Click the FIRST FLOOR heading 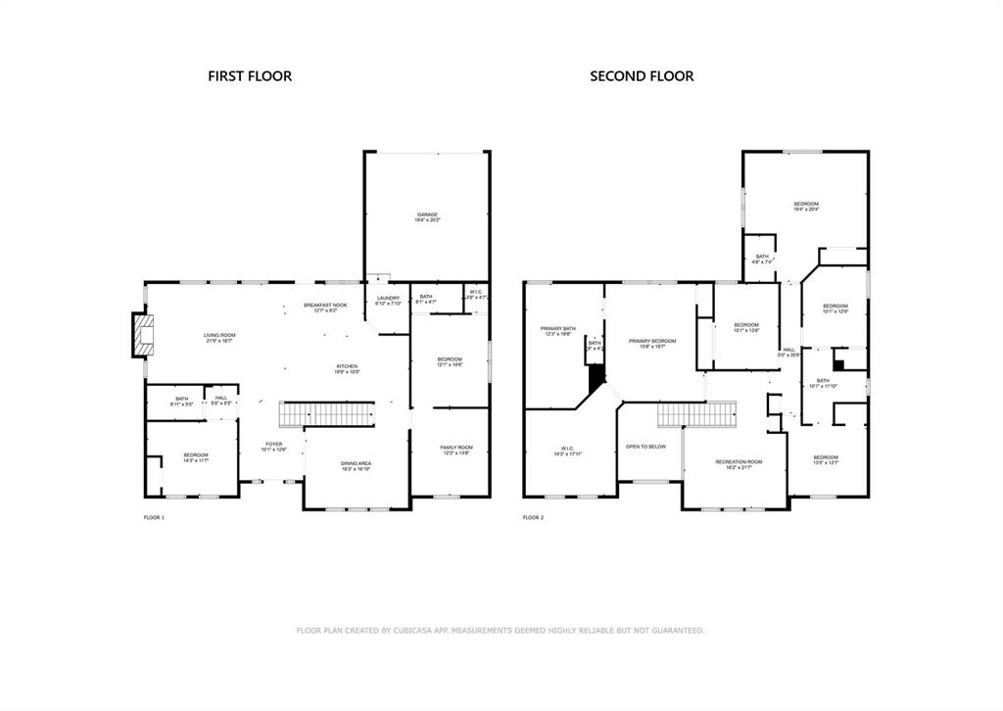point(249,76)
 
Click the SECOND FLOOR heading point(642,76)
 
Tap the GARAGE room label point(427,214)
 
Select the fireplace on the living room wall point(144,333)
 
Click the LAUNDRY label point(388,298)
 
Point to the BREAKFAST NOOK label point(325,306)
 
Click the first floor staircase point(328,414)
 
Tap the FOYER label point(274,445)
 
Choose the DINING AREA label point(356,463)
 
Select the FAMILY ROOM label point(455,448)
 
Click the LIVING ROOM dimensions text point(219,341)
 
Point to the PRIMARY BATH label point(558,328)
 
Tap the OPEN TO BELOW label point(645,447)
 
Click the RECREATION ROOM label point(739,461)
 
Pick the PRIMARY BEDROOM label point(651,341)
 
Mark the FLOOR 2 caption point(533,517)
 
